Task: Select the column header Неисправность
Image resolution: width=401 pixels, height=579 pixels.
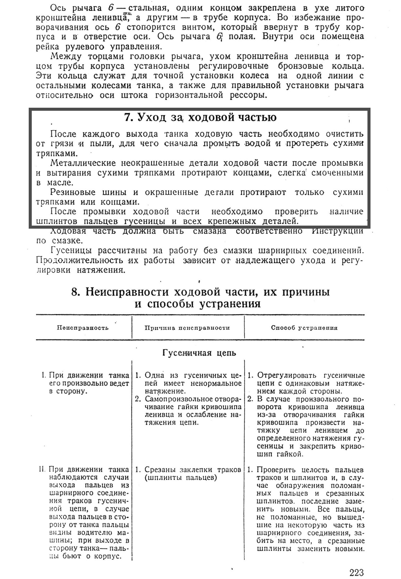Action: [83, 328]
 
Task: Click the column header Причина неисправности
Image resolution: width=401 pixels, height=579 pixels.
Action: [187, 328]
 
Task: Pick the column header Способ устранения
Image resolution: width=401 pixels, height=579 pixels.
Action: [304, 328]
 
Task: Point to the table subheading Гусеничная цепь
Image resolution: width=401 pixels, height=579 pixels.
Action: [199, 353]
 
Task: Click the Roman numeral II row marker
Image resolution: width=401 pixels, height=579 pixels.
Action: [42, 470]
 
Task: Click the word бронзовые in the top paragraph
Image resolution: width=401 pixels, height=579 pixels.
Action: [300, 66]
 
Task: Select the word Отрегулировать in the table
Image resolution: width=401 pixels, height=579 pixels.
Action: [287, 375]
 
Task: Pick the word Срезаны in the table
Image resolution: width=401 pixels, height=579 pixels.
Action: [160, 470]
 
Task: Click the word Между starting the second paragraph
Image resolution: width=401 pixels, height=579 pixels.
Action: [65, 56]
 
